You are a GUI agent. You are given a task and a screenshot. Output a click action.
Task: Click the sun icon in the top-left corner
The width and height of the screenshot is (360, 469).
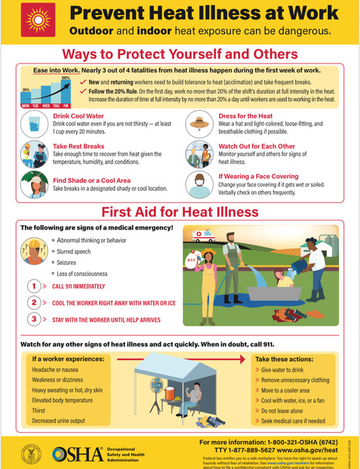[x=35, y=21]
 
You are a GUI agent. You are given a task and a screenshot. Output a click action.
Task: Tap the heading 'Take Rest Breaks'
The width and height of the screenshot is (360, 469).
[x=78, y=147]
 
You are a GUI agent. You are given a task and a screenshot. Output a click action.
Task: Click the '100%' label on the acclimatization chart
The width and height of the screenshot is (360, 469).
[x=65, y=77]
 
